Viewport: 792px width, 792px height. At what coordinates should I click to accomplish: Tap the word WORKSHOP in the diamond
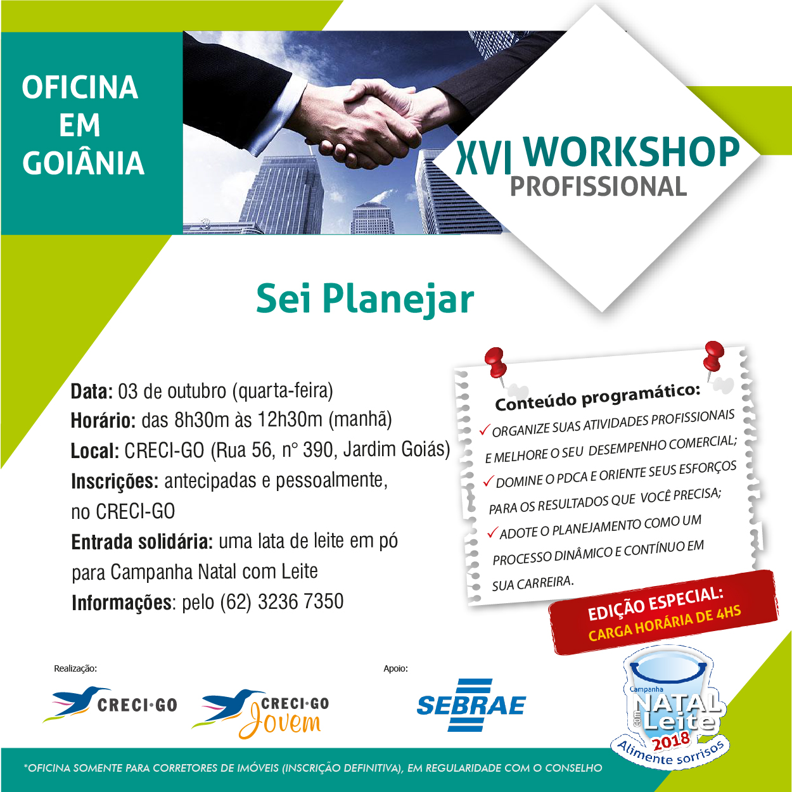tap(631, 151)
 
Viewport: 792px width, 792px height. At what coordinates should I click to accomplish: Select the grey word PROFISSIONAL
tap(598, 186)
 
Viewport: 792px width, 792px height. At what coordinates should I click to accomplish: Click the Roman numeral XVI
tap(483, 156)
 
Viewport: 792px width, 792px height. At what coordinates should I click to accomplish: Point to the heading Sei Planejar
tap(365, 300)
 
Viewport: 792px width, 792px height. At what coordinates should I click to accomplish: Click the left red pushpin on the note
tap(495, 364)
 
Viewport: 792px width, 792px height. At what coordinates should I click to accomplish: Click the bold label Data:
tap(92, 392)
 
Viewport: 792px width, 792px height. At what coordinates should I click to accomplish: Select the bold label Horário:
tap(103, 421)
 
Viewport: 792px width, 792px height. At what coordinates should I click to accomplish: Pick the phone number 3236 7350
tap(300, 602)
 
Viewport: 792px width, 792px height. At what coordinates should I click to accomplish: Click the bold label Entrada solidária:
tap(142, 542)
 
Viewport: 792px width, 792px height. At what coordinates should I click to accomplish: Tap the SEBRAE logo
tap(471, 705)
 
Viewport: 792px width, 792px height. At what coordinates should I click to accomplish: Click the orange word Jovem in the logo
tap(280, 725)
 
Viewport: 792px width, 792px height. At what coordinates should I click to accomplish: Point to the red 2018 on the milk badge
tap(671, 741)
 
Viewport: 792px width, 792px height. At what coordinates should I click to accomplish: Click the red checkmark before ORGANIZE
tap(485, 430)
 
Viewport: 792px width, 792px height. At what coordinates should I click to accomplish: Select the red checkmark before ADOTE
tap(492, 532)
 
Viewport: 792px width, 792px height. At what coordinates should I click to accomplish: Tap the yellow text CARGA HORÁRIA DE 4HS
tap(664, 623)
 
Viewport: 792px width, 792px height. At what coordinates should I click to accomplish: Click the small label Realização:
tap(75, 668)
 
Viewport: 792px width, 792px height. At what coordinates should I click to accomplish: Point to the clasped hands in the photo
tap(362, 124)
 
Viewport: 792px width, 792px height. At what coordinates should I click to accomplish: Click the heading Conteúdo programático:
tap(597, 397)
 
